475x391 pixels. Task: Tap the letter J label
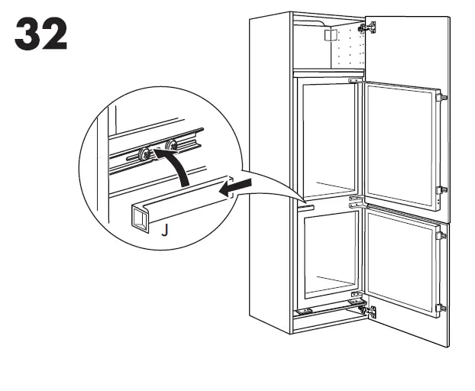point(163,228)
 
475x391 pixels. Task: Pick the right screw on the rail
point(170,144)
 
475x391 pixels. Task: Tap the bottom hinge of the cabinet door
point(371,311)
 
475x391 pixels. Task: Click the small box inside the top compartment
point(330,37)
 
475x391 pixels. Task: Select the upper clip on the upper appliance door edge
point(443,97)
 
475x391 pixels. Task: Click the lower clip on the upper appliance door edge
point(443,190)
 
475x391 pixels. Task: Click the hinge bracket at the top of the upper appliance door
point(354,80)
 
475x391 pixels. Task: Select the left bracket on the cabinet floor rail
point(305,311)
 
